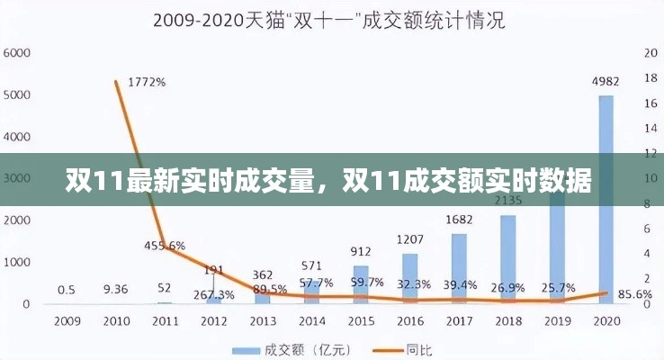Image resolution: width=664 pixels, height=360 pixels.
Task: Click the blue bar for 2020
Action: pyautogui.click(x=606, y=199)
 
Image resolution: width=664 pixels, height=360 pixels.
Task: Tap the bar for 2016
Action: pyautogui.click(x=410, y=278)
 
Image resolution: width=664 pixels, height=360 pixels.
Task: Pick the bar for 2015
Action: pyautogui.click(x=361, y=284)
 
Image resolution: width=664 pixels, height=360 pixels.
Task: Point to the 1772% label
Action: pyautogui.click(x=147, y=82)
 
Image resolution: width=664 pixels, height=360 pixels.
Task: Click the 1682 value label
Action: pyautogui.click(x=459, y=220)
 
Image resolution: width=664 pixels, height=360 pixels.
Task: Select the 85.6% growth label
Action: pyautogui.click(x=636, y=293)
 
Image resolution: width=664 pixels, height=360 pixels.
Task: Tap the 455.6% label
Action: pyautogui.click(x=165, y=245)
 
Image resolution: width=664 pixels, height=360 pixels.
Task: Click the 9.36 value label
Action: pyautogui.click(x=115, y=289)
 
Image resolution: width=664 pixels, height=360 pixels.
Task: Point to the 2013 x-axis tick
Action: pyautogui.click(x=263, y=320)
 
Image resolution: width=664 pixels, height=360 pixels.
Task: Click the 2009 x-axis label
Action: pyautogui.click(x=66, y=320)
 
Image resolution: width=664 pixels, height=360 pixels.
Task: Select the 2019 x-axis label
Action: pyautogui.click(x=557, y=320)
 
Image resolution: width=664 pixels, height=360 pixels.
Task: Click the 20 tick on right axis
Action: pyautogui.click(x=651, y=53)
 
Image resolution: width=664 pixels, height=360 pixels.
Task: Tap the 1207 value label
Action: pyautogui.click(x=410, y=240)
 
